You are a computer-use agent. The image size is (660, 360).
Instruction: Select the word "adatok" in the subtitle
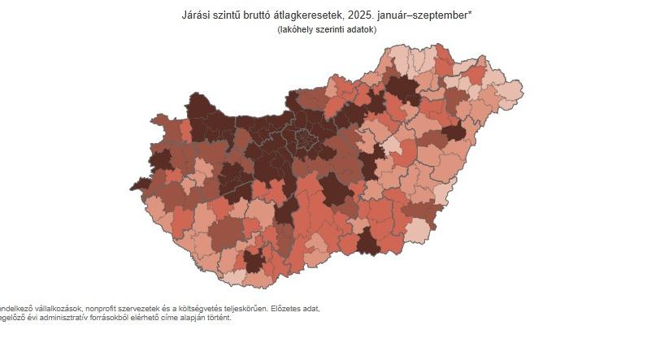point(360,29)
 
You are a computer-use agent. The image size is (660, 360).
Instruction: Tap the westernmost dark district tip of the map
point(139,184)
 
